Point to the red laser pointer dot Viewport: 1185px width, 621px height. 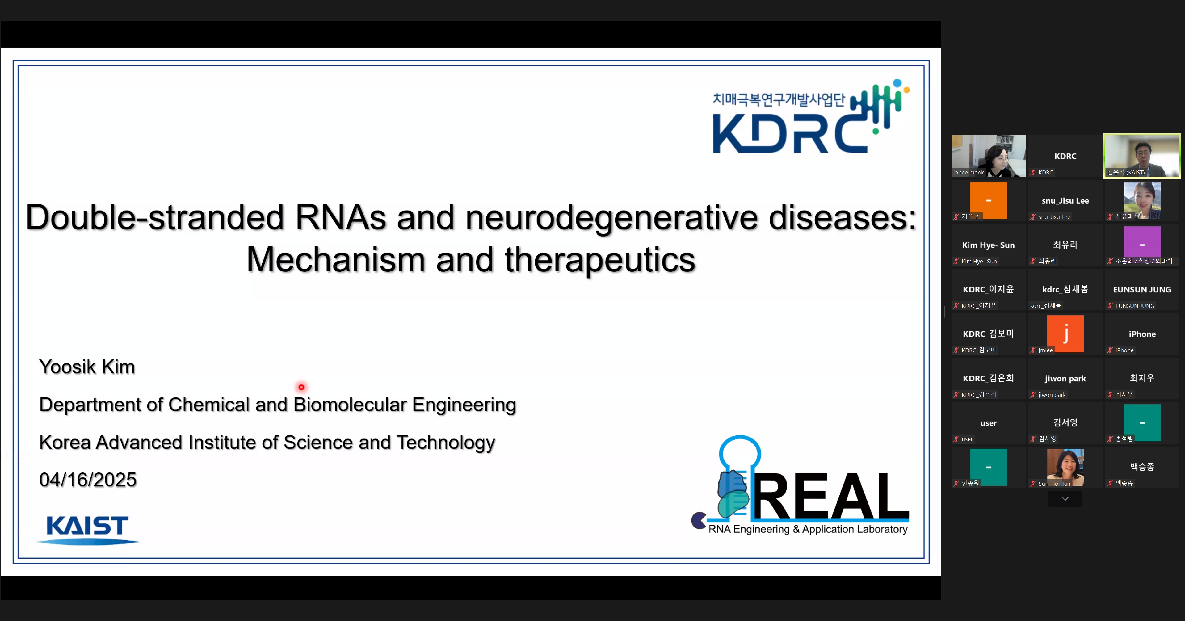pyautogui.click(x=301, y=387)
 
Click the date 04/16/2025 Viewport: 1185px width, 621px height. pyautogui.click(x=88, y=480)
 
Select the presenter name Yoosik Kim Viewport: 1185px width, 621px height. pyautogui.click(x=87, y=367)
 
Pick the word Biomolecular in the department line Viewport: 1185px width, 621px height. pyautogui.click(x=350, y=405)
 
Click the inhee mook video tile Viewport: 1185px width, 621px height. pyautogui.click(x=988, y=156)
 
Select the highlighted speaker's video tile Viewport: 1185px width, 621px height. pyautogui.click(x=1142, y=156)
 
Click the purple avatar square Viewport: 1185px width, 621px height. pyautogui.click(x=1142, y=244)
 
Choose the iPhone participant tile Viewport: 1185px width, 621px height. pyautogui.click(x=1142, y=334)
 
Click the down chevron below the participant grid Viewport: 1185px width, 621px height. pyautogui.click(x=1065, y=499)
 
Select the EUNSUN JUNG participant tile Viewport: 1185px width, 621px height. pyautogui.click(x=1142, y=289)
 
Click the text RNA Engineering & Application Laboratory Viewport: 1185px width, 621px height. pyautogui.click(x=808, y=530)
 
